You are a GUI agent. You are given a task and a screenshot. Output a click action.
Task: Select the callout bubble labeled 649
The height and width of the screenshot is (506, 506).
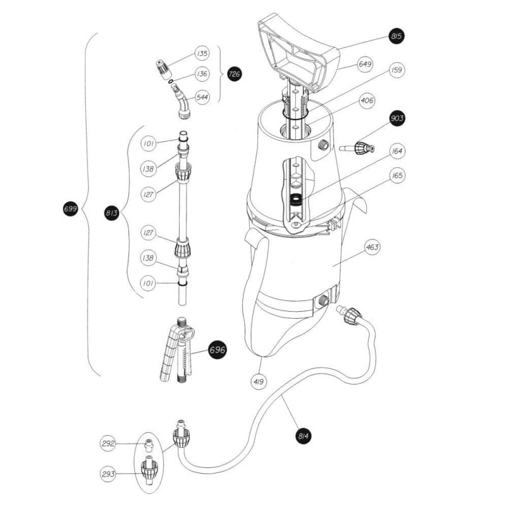(x=365, y=65)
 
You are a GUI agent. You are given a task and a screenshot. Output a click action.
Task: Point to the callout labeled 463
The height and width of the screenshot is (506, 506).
(x=373, y=247)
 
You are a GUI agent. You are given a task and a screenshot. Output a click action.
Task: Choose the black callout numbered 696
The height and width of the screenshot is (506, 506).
(x=217, y=349)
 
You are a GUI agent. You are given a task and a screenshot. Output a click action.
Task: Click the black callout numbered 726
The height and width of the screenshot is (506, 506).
(x=234, y=75)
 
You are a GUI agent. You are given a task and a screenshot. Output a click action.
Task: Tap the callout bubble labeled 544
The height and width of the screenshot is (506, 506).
(x=202, y=97)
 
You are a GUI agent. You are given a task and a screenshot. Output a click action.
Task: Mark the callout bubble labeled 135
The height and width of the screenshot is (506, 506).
(x=202, y=53)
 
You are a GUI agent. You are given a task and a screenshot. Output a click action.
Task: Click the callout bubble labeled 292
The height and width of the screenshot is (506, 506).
(x=109, y=443)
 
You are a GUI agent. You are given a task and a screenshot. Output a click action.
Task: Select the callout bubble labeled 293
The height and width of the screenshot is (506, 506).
(x=109, y=473)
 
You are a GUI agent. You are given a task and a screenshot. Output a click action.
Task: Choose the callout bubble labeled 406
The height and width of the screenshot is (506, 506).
(x=367, y=101)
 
